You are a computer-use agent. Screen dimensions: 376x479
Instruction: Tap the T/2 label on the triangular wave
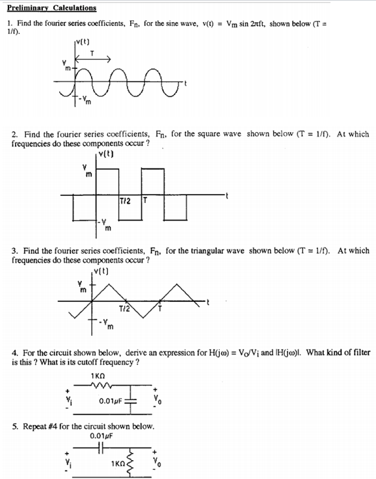(125, 307)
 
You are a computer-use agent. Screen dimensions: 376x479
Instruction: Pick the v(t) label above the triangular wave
(101, 271)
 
